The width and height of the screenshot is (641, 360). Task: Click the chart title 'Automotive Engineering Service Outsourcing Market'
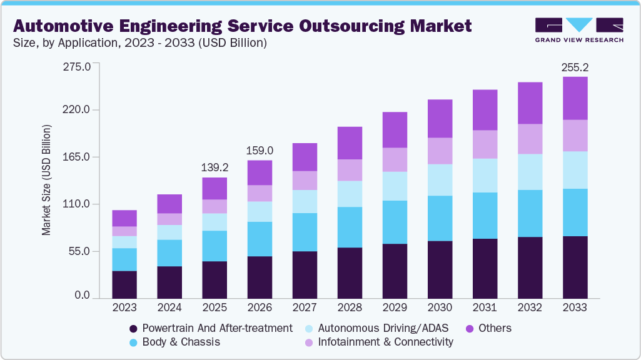click(x=242, y=26)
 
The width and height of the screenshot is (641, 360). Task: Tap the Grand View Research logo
click(x=579, y=29)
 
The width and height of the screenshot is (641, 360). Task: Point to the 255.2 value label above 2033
click(x=575, y=67)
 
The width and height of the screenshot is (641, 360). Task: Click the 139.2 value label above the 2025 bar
click(x=215, y=167)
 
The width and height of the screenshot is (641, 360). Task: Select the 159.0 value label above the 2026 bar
click(x=260, y=151)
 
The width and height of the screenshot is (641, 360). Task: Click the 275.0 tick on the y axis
click(x=78, y=66)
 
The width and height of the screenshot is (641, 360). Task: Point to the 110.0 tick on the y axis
click(x=78, y=204)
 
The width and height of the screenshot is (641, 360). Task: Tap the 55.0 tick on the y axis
click(x=80, y=251)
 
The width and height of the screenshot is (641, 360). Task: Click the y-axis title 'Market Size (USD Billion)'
click(x=46, y=180)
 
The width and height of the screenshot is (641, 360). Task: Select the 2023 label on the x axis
click(x=124, y=307)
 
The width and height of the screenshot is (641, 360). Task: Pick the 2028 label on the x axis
click(x=350, y=307)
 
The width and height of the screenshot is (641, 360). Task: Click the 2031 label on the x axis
click(x=485, y=307)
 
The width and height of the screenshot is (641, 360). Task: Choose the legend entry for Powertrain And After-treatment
click(x=210, y=328)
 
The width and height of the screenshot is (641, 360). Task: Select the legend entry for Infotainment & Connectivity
click(x=378, y=342)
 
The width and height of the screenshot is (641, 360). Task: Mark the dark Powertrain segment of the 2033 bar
click(x=575, y=267)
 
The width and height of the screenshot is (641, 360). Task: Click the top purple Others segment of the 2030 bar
click(x=440, y=118)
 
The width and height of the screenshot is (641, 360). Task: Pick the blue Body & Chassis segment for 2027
click(x=305, y=232)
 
